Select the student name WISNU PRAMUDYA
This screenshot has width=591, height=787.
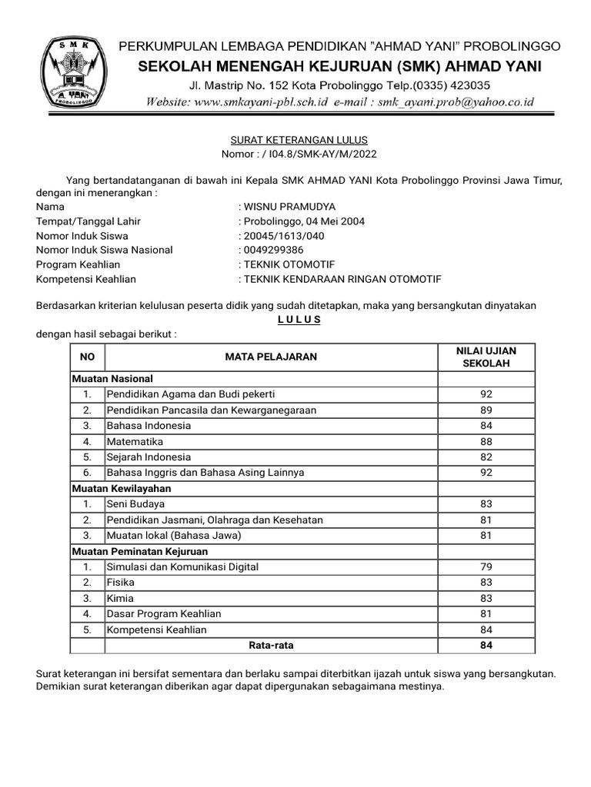coord(289,207)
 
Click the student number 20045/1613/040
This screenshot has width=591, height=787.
coord(285,236)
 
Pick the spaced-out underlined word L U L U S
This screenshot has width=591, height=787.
coord(299,320)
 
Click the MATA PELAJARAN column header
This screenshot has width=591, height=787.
coord(271,357)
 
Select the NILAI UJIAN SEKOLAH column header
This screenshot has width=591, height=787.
coord(486,357)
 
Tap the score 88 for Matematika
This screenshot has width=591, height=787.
coord(486,442)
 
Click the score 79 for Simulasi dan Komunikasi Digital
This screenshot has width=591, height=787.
coord(486,566)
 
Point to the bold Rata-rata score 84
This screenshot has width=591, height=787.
coord(486,646)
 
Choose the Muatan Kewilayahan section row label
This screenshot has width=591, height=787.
coord(122,488)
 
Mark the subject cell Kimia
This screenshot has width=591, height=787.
coord(120,598)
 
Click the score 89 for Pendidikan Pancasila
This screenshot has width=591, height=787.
coord(486,410)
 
